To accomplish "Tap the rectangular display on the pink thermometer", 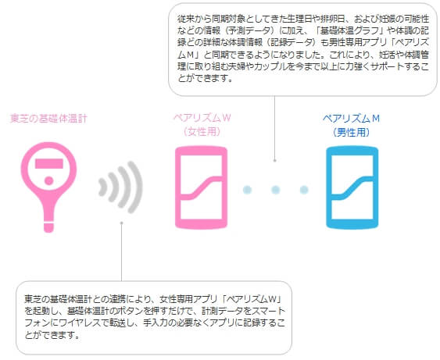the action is (48, 163).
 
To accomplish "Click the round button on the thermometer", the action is (48, 181).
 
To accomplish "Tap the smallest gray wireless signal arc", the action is (102, 187).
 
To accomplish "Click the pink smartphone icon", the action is (201, 187).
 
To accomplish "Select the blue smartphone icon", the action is (352, 187).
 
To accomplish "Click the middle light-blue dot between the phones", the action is (276, 190).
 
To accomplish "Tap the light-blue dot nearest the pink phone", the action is (247, 190).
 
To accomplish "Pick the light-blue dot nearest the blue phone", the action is (304, 190).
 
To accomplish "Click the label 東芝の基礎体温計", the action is (48, 119).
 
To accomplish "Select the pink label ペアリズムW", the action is (202, 118).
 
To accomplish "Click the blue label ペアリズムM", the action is (352, 119).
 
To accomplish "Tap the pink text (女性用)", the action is (202, 131).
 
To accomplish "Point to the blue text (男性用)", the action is (352, 132).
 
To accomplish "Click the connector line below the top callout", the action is (275, 128).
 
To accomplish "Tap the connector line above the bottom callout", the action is (121, 251).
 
